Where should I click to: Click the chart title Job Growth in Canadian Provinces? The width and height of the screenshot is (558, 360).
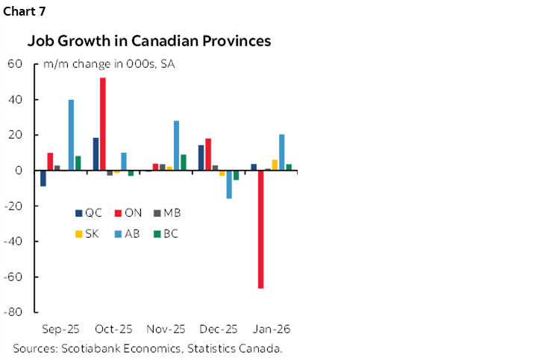click(149, 40)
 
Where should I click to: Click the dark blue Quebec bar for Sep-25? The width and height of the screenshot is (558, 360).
click(43, 178)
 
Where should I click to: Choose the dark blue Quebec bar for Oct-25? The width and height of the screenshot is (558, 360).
click(95, 154)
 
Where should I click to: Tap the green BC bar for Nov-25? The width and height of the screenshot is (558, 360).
click(184, 162)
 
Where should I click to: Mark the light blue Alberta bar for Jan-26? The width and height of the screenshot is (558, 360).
click(281, 152)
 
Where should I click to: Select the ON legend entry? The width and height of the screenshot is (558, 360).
click(128, 212)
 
